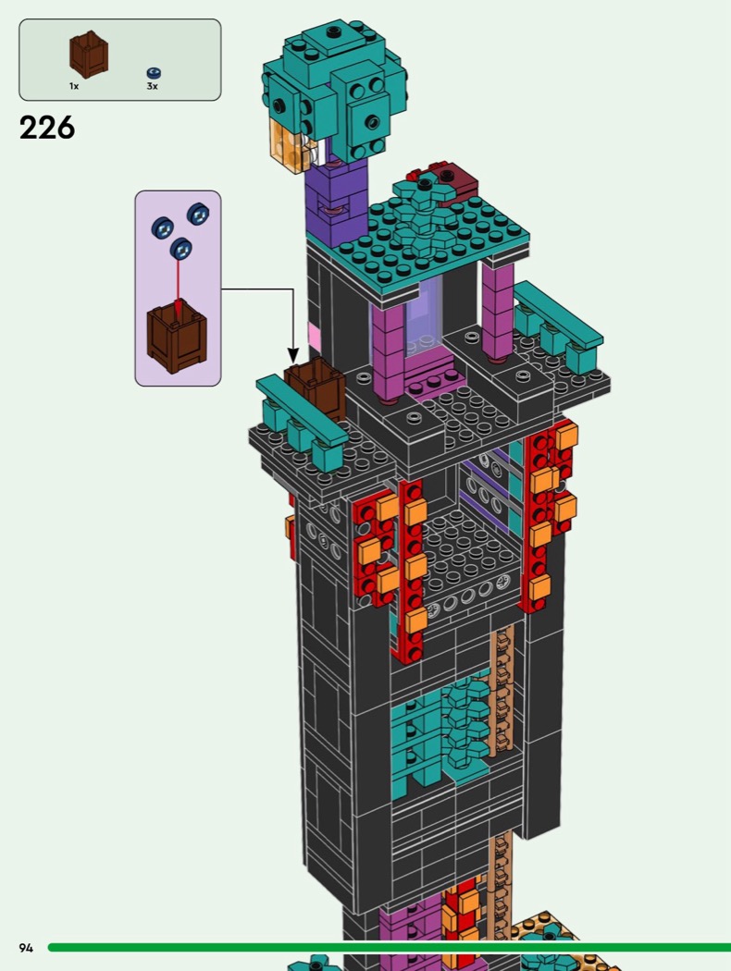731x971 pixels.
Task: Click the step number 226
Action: coord(46,128)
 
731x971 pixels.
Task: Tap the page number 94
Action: coord(26,948)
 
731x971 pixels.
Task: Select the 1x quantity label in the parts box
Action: coord(74,86)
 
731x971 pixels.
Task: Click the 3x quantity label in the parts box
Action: coord(152,86)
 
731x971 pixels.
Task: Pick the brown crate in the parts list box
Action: coord(88,55)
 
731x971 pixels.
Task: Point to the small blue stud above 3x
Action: coord(153,72)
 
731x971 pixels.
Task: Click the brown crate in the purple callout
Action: coord(176,338)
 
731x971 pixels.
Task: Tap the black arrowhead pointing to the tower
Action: coord(292,354)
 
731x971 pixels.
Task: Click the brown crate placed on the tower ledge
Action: coord(315,388)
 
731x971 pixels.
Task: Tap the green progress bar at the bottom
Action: coord(389,947)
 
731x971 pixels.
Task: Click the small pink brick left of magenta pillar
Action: coord(315,338)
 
